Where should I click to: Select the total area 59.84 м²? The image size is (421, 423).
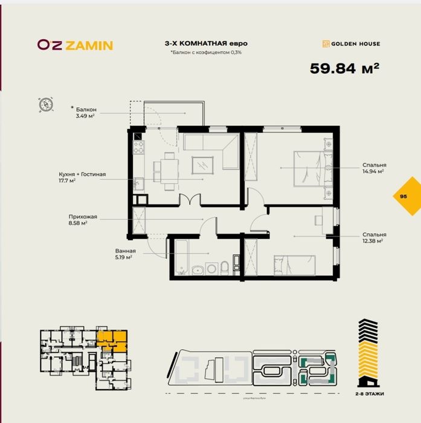[x=344, y=68]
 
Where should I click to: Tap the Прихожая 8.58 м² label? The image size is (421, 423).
[x=82, y=220]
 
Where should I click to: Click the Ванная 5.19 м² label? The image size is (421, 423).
[x=126, y=254]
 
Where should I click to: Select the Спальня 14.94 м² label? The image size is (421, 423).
[x=374, y=168]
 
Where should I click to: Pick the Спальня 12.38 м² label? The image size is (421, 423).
[x=374, y=238]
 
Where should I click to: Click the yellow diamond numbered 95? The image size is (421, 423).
[x=403, y=196]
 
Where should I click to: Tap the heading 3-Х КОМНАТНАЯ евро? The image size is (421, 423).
[x=206, y=44]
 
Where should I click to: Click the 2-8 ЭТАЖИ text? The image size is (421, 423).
[x=370, y=393]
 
